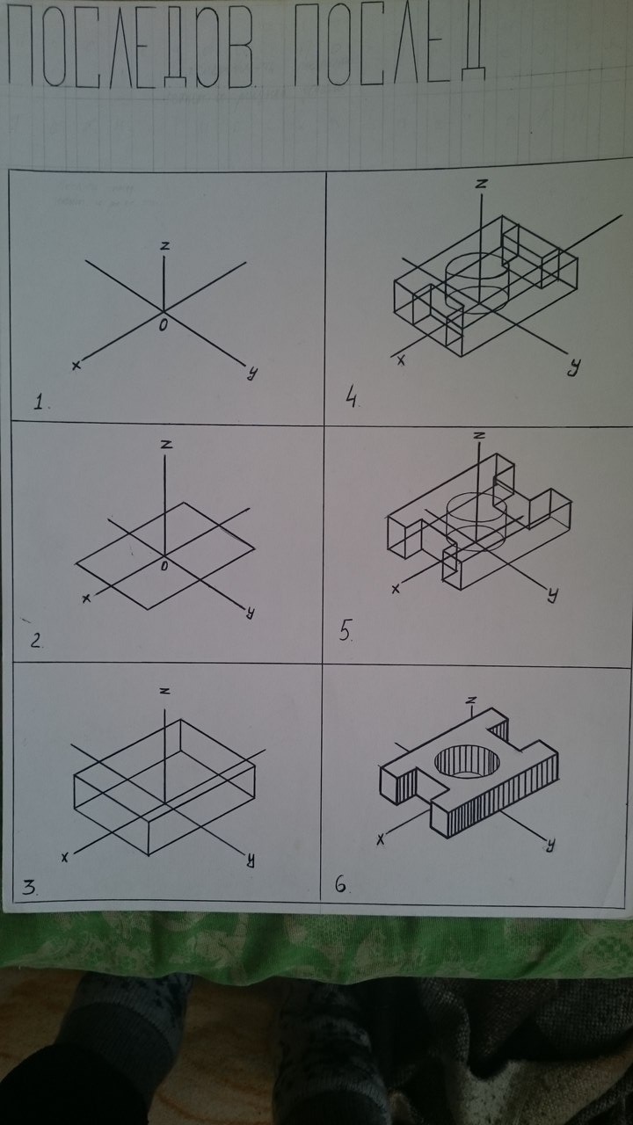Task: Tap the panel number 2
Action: [x=35, y=641]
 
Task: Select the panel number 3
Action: [x=29, y=888]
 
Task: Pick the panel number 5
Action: [x=345, y=630]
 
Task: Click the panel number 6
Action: [x=341, y=885]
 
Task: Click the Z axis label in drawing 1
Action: [x=164, y=246]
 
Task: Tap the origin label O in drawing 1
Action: [x=164, y=325]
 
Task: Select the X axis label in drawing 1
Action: [x=76, y=365]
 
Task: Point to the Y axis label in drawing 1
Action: [x=251, y=372]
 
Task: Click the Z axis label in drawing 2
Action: [x=166, y=445]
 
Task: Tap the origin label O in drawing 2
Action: [x=164, y=566]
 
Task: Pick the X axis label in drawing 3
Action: [x=64, y=858]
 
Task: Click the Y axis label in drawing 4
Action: [x=572, y=367]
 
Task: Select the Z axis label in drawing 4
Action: [x=481, y=185]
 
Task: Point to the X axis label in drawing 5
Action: [x=396, y=589]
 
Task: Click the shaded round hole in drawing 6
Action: [x=467, y=762]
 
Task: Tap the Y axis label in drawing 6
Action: [x=550, y=846]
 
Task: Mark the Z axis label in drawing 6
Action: [x=470, y=700]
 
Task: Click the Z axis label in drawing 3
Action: [x=164, y=692]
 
